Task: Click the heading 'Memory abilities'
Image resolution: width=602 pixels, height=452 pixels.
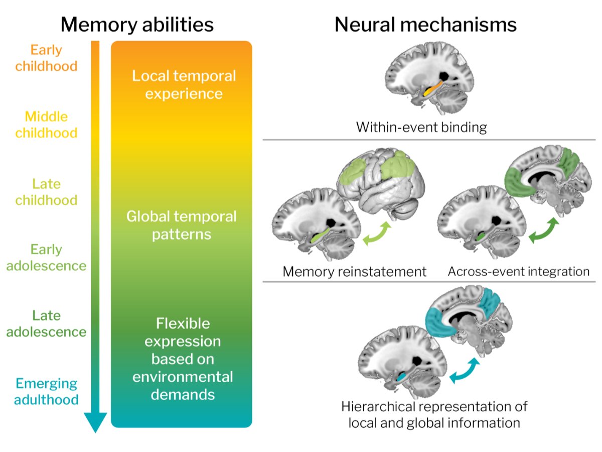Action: coord(137,25)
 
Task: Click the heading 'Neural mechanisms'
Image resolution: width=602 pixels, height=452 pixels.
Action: coord(425,25)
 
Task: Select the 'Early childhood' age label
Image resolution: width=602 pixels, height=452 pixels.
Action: coord(46,58)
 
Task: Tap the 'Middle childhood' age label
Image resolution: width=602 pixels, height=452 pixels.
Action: coord(46,125)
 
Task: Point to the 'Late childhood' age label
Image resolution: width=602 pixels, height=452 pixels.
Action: coord(46,192)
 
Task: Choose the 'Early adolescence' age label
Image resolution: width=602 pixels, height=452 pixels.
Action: coord(46,258)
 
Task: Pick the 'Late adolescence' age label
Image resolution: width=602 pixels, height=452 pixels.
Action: coord(46,324)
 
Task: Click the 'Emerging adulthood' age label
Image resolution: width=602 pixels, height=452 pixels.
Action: coord(46,392)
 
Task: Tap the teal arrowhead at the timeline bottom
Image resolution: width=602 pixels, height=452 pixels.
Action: coord(95,421)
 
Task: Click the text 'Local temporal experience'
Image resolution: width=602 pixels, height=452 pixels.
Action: coord(184,84)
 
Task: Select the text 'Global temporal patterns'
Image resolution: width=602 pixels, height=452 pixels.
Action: coord(181,225)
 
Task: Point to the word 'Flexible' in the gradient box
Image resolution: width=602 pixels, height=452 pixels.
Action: coord(183,323)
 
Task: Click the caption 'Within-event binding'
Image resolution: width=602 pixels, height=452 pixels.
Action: coord(421,127)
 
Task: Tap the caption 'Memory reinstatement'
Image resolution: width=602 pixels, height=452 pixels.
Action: coord(354,272)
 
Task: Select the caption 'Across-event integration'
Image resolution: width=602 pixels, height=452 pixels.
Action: coord(519,271)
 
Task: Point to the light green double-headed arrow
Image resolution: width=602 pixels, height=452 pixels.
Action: coord(377,234)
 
